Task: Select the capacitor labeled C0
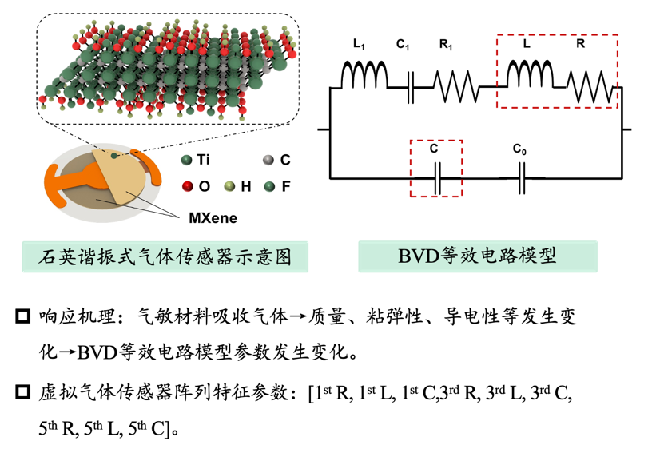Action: click(521, 178)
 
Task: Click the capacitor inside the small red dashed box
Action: click(436, 178)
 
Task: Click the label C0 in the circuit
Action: click(520, 149)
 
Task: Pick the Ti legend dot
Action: click(187, 161)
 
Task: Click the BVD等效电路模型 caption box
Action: click(478, 256)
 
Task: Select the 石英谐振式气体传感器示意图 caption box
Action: click(165, 257)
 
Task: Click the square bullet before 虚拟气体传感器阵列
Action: click(22, 392)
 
